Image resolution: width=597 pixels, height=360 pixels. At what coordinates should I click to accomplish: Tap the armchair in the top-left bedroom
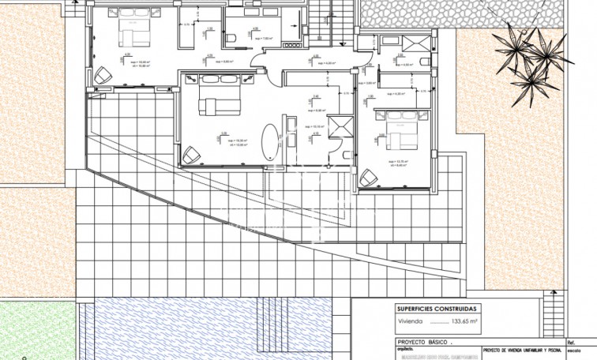[x=103, y=74]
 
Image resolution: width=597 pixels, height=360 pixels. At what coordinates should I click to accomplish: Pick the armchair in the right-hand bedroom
[x=368, y=178]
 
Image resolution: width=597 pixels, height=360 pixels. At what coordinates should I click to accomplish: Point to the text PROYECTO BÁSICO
[x=424, y=343]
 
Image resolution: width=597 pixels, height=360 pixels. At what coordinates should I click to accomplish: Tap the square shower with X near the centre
[x=341, y=128]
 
